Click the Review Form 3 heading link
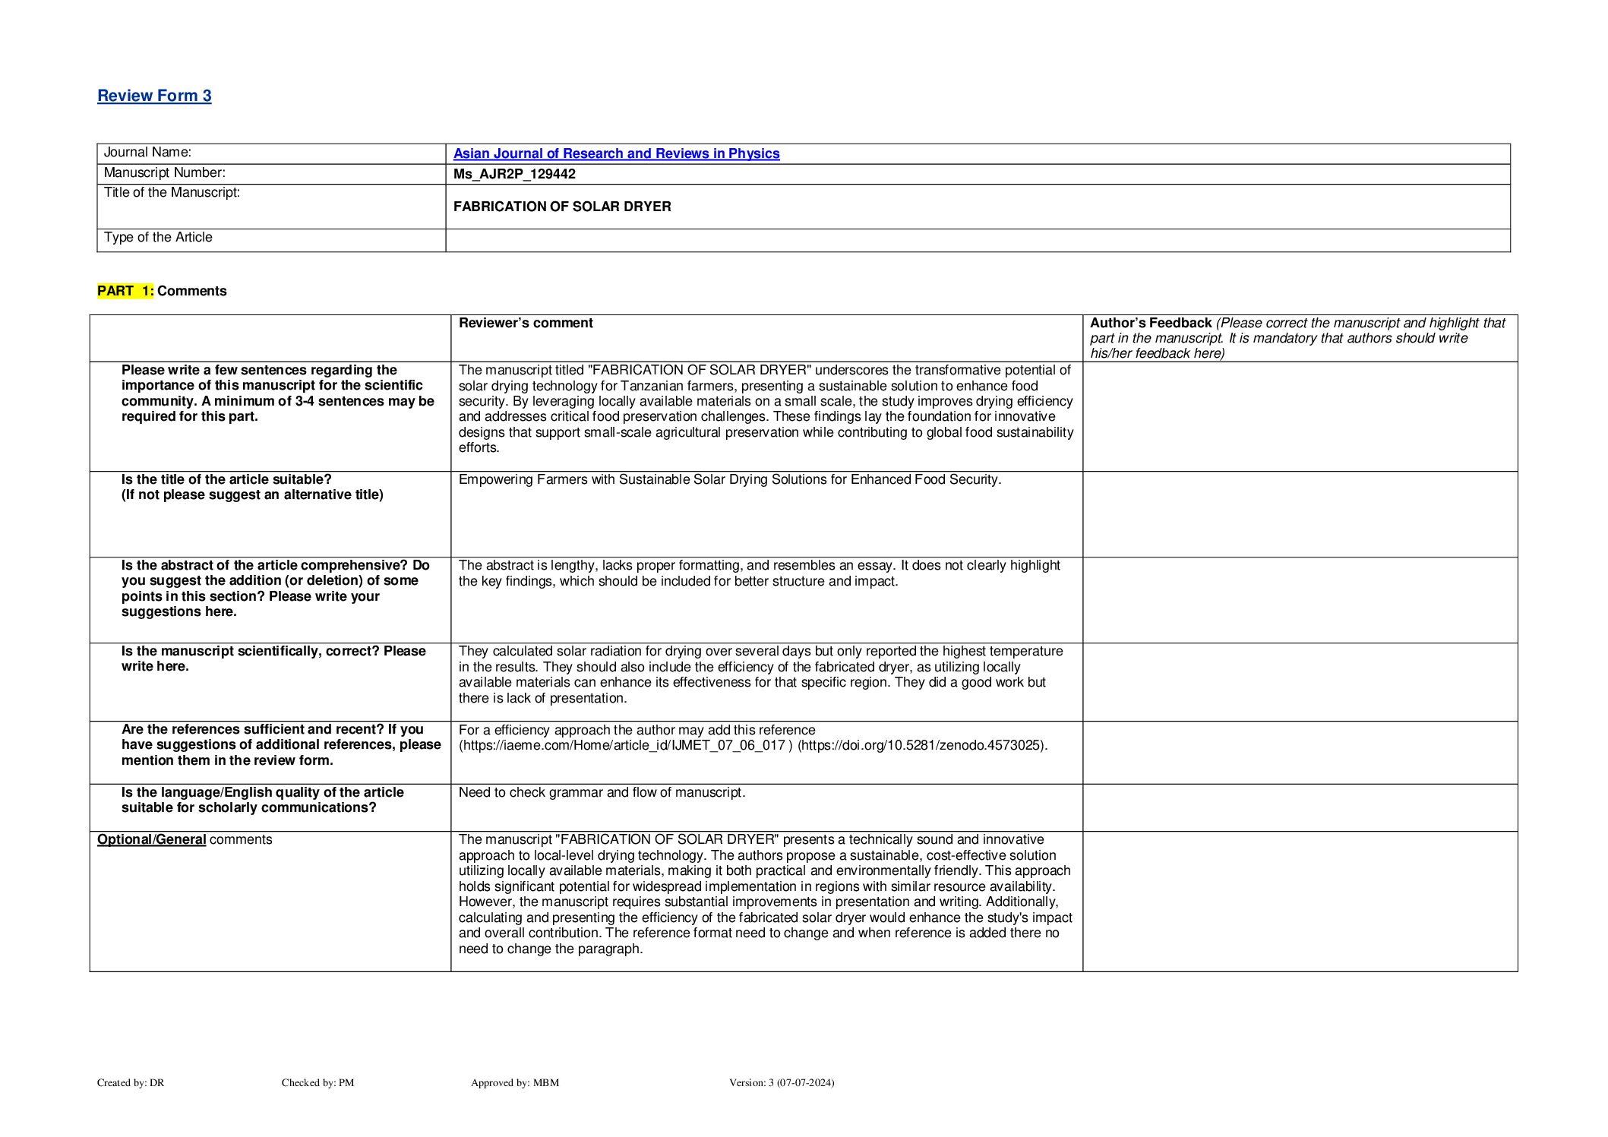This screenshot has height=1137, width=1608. [154, 96]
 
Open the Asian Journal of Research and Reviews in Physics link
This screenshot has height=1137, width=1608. [616, 153]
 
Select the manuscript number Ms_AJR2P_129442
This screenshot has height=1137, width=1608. [514, 174]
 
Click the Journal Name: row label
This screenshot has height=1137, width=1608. [147, 153]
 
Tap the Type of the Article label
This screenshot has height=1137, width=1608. [158, 238]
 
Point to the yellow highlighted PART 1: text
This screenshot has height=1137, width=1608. [125, 291]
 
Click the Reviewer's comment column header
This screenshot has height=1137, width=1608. [526, 323]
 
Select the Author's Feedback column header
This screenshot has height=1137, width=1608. [1150, 323]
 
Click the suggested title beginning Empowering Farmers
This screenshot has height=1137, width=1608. [729, 479]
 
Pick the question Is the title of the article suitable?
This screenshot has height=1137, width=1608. [226, 479]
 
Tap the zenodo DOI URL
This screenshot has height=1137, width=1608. [921, 745]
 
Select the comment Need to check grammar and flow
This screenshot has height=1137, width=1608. [602, 792]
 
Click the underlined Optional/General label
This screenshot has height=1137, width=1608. [151, 839]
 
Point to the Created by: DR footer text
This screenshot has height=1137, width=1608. [131, 1082]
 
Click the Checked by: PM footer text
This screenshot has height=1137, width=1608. [317, 1082]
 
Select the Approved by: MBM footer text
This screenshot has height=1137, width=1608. [514, 1082]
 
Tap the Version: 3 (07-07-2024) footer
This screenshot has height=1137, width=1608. [781, 1082]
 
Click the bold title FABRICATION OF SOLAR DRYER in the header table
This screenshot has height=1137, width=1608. [562, 207]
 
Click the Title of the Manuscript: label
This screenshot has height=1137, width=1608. [172, 193]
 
